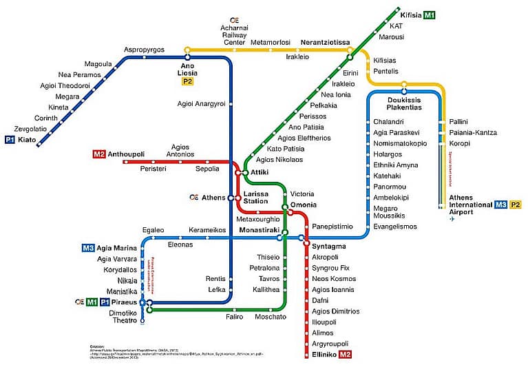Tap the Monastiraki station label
[x=257, y=229]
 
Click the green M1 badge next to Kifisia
[x=430, y=15]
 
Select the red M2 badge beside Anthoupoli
[x=98, y=154]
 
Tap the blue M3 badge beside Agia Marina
[x=87, y=248]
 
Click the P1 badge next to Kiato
[x=10, y=140]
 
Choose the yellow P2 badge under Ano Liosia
[x=187, y=81]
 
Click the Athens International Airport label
[x=471, y=205]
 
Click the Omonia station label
[x=304, y=205]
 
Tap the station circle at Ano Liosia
[x=187, y=50]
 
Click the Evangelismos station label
[x=395, y=227]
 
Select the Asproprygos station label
[x=144, y=50]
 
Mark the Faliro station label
[x=235, y=317]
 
